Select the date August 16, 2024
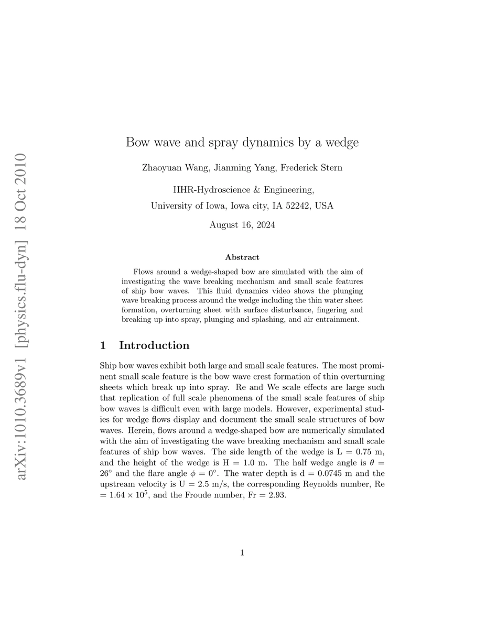[x=242, y=225]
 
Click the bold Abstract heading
[x=242, y=257]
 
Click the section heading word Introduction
[x=154, y=345]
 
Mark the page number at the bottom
[x=242, y=552]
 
